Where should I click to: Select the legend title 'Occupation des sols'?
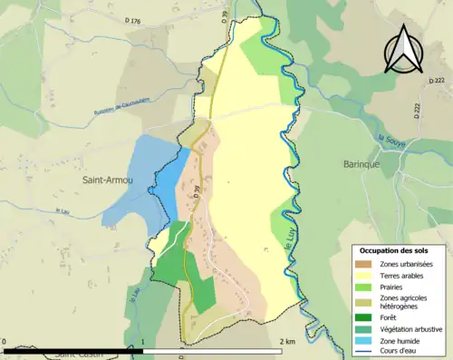[x=400, y=249]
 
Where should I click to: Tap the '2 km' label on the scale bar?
[x=289, y=340]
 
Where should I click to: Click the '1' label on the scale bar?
[x=143, y=342]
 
